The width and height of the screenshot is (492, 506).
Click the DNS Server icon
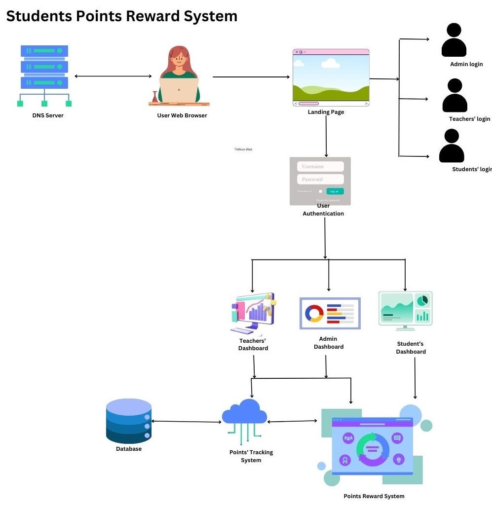(44, 75)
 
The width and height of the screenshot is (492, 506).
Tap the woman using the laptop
(179, 76)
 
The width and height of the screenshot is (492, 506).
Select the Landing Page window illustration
(331, 77)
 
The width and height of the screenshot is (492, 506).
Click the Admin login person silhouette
(454, 41)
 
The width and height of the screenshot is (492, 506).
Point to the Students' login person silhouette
(452, 146)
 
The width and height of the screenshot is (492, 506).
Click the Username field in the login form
(320, 167)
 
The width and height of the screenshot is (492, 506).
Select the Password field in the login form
(320, 180)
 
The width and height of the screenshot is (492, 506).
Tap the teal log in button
(335, 191)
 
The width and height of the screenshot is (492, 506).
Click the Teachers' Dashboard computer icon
(253, 314)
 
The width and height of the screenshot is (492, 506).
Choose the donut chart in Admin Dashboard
(314, 314)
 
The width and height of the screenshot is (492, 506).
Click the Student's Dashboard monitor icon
(405, 310)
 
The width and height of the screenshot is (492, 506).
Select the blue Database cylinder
(128, 421)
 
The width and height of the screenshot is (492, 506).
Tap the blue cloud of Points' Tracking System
(245, 413)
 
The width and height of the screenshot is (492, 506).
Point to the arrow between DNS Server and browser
(113, 76)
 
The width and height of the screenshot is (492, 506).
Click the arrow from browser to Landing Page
(251, 77)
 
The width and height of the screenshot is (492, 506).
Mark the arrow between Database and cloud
(187, 422)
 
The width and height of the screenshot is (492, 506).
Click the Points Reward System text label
(374, 496)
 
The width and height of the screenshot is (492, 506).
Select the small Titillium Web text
(243, 149)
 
